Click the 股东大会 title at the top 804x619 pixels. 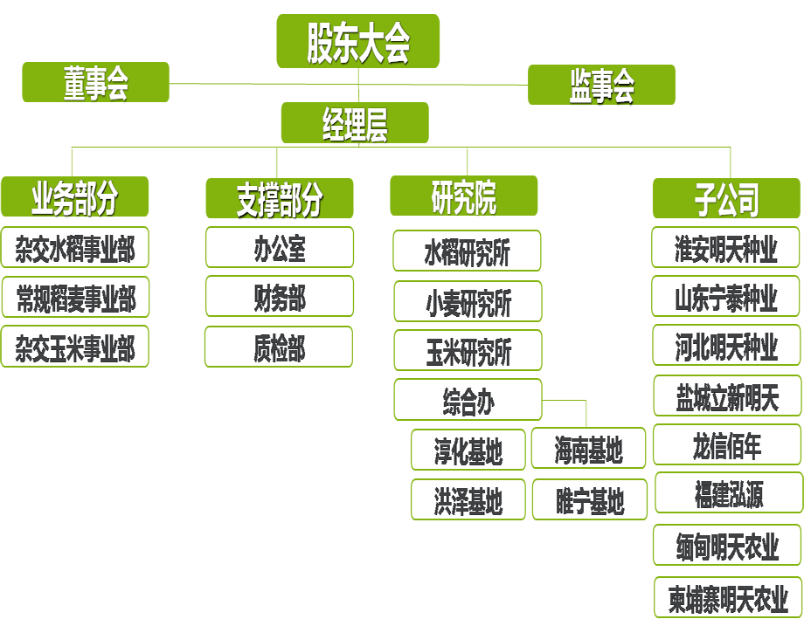[358, 44]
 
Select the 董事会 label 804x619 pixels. [96, 86]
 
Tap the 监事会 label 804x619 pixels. [602, 86]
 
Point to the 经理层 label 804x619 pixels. [355, 127]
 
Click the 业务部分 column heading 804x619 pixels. [74, 200]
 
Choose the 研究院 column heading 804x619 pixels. [464, 199]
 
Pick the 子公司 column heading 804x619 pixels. [726, 200]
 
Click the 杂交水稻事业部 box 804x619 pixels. [75, 249]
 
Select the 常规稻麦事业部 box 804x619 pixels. [75, 299]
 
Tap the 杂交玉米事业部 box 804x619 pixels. [75, 347]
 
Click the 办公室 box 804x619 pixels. [280, 248]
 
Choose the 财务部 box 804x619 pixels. [280, 297]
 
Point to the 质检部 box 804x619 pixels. [280, 347]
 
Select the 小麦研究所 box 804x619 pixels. [468, 302]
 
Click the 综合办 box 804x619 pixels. [468, 401]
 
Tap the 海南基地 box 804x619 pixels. [589, 449]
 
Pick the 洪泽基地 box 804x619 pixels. [468, 500]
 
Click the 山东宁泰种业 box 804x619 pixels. [726, 297]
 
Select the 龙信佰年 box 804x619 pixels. [726, 445]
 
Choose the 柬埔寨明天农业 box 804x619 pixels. [728, 598]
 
